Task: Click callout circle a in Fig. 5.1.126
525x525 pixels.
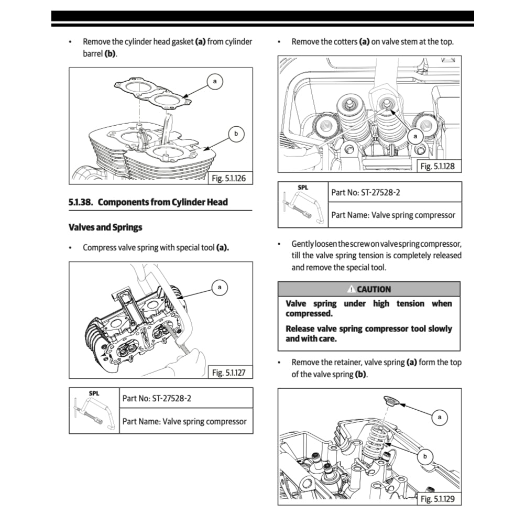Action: (x=214, y=81)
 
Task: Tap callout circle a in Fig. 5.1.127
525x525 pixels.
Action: (x=220, y=287)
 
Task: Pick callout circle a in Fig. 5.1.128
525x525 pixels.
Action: (x=415, y=136)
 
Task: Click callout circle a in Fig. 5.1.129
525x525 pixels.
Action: (x=439, y=417)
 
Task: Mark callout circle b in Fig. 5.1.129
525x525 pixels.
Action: (x=425, y=457)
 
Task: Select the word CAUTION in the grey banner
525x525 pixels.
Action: (x=374, y=289)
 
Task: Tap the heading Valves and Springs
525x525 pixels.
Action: (x=105, y=227)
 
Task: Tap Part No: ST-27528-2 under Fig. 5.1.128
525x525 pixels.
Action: (x=366, y=192)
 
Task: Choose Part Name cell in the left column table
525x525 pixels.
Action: (x=184, y=421)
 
